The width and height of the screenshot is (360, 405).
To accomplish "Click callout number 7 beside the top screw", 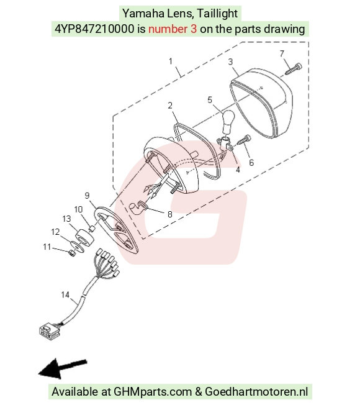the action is pyautogui.click(x=282, y=53).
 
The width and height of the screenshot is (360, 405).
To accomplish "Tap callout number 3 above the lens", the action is pyautogui.click(x=230, y=61).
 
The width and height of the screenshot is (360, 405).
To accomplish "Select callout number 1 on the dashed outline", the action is pyautogui.click(x=171, y=61).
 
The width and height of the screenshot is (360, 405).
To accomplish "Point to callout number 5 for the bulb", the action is pyautogui.click(x=210, y=100).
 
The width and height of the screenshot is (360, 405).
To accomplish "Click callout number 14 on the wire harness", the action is pyautogui.click(x=65, y=294).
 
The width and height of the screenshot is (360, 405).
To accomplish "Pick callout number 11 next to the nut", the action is pyautogui.click(x=47, y=247).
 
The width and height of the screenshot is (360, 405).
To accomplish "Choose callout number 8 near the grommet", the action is pyautogui.click(x=169, y=214).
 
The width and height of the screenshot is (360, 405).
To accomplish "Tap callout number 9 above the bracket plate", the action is pyautogui.click(x=87, y=196).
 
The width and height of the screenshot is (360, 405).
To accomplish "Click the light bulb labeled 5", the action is pyautogui.click(x=227, y=122).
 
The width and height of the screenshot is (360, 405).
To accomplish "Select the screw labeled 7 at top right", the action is pyautogui.click(x=294, y=68).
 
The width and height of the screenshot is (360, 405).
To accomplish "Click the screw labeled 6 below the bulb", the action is pyautogui.click(x=244, y=140).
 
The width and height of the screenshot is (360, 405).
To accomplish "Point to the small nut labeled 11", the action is pyautogui.click(x=72, y=253).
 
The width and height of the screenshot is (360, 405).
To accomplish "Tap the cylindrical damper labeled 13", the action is pyautogui.click(x=84, y=238).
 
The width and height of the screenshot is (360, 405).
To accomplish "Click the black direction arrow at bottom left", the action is pyautogui.click(x=63, y=368).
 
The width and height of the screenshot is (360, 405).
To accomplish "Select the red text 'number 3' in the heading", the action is pyautogui.click(x=173, y=29).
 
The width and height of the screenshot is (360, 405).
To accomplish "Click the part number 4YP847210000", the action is pyautogui.click(x=94, y=29).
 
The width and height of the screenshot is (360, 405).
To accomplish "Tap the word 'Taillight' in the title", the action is pyautogui.click(x=217, y=14).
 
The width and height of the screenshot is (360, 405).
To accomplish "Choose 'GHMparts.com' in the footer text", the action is pyautogui.click(x=153, y=391).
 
